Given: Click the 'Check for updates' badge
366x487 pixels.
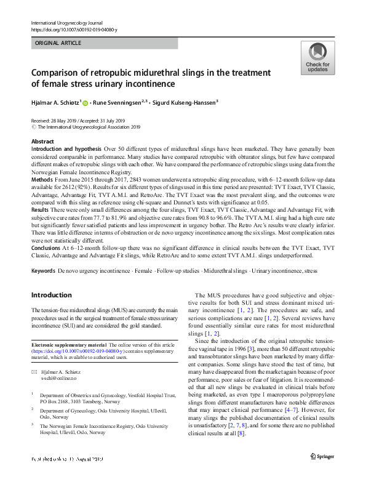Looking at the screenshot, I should pyautogui.click(x=317, y=58).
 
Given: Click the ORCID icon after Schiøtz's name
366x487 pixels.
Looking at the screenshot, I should pyautogui.click(x=85, y=103).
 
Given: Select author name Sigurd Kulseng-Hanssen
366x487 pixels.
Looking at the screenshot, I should pyautogui.click(x=186, y=103).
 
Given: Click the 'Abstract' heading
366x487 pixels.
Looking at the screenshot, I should pyautogui.click(x=42, y=142).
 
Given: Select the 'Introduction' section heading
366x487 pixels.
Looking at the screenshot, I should pyautogui.click(x=51, y=295).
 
